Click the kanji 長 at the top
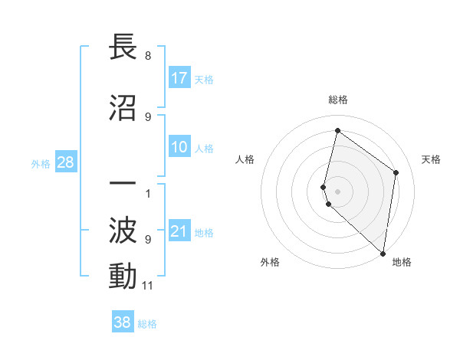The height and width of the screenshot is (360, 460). pyautogui.click(x=123, y=47)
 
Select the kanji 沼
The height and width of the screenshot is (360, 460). pyautogui.click(x=123, y=108)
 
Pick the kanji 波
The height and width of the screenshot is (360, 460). pyautogui.click(x=123, y=230)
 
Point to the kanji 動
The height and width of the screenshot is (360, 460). pyautogui.click(x=123, y=276)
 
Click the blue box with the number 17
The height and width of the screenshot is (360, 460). pyautogui.click(x=179, y=78)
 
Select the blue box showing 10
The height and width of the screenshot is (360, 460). pyautogui.click(x=179, y=147)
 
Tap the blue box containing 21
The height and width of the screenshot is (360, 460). pyautogui.click(x=179, y=232)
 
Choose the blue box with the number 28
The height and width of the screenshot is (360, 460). pyautogui.click(x=65, y=163)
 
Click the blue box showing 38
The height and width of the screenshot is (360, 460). pyautogui.click(x=123, y=322)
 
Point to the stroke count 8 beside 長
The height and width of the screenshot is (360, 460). pyautogui.click(x=148, y=56)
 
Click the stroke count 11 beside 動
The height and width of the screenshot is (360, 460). pyautogui.click(x=148, y=286)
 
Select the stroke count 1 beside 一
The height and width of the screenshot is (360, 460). pyautogui.click(x=148, y=192)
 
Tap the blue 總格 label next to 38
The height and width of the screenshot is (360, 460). pyautogui.click(x=147, y=324)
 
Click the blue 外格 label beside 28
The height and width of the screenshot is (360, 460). pyautogui.click(x=41, y=164)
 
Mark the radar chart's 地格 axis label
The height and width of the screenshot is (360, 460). pyautogui.click(x=402, y=262)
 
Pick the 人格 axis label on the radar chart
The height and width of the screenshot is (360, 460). pyautogui.click(x=245, y=159)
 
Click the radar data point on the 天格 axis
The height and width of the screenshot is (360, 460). pyautogui.click(x=396, y=172)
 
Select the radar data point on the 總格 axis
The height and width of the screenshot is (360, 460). pyautogui.click(x=337, y=130)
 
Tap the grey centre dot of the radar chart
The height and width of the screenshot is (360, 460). pyautogui.click(x=338, y=191)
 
